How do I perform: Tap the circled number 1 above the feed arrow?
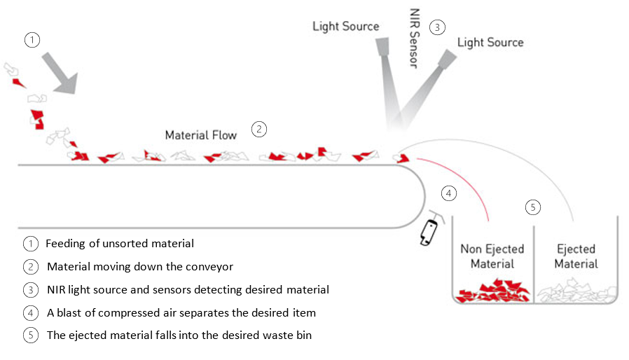click(32, 40)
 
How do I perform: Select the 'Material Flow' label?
click(201, 134)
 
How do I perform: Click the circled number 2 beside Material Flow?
click(259, 129)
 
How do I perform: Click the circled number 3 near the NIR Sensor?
click(437, 28)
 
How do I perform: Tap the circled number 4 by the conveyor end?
click(449, 193)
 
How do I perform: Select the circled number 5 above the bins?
click(533, 207)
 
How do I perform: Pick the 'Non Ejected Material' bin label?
click(492, 256)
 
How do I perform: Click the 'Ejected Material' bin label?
click(576, 256)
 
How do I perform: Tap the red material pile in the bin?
click(492, 291)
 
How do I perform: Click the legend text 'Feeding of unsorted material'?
click(120, 244)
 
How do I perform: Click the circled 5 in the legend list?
click(30, 335)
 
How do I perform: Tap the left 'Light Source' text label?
click(345, 27)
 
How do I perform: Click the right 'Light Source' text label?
click(490, 42)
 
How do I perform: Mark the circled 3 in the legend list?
click(30, 289)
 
